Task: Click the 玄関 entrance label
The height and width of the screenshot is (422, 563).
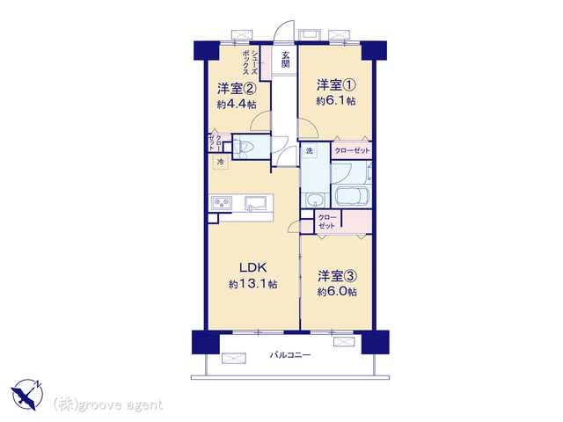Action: click(x=285, y=60)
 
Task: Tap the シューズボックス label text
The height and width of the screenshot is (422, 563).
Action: click(x=250, y=62)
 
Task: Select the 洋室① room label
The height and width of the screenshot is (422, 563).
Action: click(x=336, y=85)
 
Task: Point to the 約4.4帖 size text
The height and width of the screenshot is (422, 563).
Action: click(x=237, y=105)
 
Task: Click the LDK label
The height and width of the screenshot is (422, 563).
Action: click(x=252, y=267)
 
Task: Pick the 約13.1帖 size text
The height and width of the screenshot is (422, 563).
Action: click(x=252, y=285)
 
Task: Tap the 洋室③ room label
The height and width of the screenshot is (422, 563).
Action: click(x=337, y=276)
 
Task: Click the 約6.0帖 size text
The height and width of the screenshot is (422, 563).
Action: click(x=337, y=292)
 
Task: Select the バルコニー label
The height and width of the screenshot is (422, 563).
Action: click(x=290, y=355)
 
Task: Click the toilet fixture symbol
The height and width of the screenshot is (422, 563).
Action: click(x=241, y=147)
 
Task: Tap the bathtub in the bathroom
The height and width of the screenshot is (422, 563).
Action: click(x=352, y=195)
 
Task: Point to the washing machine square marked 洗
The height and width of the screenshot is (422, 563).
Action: click(x=309, y=150)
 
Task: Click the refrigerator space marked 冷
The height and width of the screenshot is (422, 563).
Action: click(x=221, y=162)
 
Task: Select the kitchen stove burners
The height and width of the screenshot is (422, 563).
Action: click(x=221, y=203)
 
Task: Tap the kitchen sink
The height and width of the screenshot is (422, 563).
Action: click(x=256, y=203)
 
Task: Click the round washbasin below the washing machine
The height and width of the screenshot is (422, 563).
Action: click(x=315, y=200)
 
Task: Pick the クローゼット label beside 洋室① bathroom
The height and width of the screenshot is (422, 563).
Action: click(x=352, y=150)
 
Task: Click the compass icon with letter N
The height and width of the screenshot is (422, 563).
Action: click(x=27, y=395)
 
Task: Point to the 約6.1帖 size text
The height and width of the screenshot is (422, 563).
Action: click(x=336, y=101)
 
